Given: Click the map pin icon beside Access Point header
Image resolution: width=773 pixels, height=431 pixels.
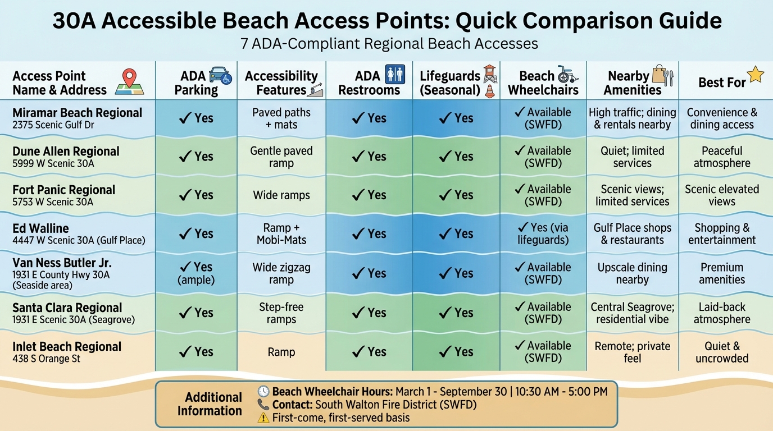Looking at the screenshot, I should (130, 81).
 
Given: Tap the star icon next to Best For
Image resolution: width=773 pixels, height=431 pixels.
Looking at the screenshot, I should (755, 75).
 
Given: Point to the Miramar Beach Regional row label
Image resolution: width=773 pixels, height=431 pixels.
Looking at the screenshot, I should (77, 113).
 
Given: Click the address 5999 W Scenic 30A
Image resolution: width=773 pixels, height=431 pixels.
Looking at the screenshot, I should (53, 164).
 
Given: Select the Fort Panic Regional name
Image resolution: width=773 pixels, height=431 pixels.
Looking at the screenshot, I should (63, 190).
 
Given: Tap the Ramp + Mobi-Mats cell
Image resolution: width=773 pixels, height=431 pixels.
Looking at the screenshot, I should (281, 234).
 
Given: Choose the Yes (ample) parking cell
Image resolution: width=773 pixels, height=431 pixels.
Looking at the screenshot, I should (195, 273).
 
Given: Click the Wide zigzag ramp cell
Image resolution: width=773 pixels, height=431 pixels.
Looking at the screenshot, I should (281, 273).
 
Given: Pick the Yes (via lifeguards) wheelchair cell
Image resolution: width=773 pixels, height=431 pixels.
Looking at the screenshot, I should (543, 234).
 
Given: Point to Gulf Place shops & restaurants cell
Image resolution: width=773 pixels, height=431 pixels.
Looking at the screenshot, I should (632, 234).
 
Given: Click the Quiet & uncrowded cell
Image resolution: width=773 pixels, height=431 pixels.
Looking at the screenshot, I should (722, 352).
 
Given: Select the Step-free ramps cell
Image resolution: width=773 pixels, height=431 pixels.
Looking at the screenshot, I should (281, 313).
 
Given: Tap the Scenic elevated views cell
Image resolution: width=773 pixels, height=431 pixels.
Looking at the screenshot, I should (722, 195).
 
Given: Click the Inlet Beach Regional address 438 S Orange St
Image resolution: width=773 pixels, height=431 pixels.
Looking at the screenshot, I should (47, 359).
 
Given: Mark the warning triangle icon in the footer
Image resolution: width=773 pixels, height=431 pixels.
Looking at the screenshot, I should (263, 418).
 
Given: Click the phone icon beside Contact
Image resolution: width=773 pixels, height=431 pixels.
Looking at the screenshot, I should (263, 405).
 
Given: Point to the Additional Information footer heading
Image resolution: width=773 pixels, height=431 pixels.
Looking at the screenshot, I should (210, 404).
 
